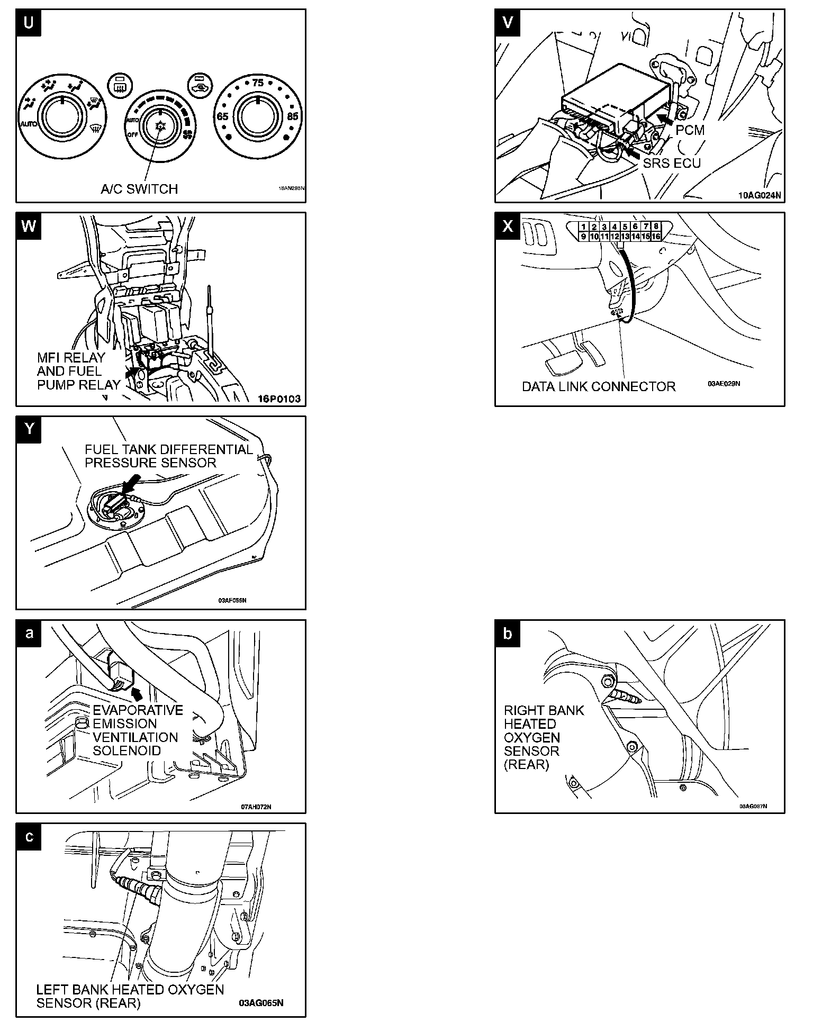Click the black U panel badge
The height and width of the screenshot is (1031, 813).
[29, 23]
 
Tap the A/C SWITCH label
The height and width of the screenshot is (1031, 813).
[139, 189]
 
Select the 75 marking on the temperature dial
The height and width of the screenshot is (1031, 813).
[258, 83]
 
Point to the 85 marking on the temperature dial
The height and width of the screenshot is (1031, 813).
[293, 116]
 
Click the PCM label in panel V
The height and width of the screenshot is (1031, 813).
[690, 130]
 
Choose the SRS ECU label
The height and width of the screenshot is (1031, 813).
[672, 163]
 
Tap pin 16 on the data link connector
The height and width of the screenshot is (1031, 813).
[656, 237]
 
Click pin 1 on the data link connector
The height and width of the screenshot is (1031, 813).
[583, 227]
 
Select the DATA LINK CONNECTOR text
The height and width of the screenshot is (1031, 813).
[599, 386]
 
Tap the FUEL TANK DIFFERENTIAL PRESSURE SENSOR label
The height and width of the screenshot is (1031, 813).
[169, 456]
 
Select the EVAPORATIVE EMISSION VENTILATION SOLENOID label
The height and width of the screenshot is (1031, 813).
[138, 730]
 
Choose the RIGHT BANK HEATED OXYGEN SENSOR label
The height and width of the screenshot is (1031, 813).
[543, 737]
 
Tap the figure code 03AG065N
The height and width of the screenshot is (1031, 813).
[261, 1003]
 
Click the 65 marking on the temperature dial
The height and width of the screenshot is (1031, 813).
[223, 116]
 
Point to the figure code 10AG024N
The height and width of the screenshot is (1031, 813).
[759, 195]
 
